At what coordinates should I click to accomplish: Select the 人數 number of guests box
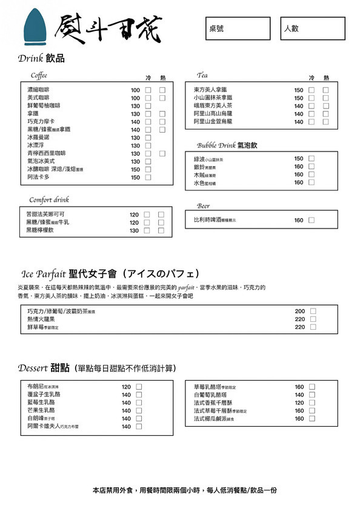click(x=311, y=28)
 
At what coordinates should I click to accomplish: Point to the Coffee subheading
click(x=39, y=76)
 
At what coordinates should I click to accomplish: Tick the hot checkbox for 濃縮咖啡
click(x=162, y=90)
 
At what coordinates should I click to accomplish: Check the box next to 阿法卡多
click(x=148, y=178)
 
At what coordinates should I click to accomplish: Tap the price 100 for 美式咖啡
click(x=135, y=98)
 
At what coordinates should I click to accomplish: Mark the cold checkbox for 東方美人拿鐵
click(x=311, y=90)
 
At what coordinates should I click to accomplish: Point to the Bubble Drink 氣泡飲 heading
click(x=227, y=145)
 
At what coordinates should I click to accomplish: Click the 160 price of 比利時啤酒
click(x=299, y=220)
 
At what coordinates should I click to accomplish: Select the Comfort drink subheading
click(x=49, y=199)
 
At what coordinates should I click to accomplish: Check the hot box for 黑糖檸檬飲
click(x=161, y=230)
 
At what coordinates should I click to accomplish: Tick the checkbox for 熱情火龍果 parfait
click(x=313, y=319)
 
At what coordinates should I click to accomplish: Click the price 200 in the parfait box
click(x=299, y=311)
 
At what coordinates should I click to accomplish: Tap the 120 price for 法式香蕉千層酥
click(x=299, y=402)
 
